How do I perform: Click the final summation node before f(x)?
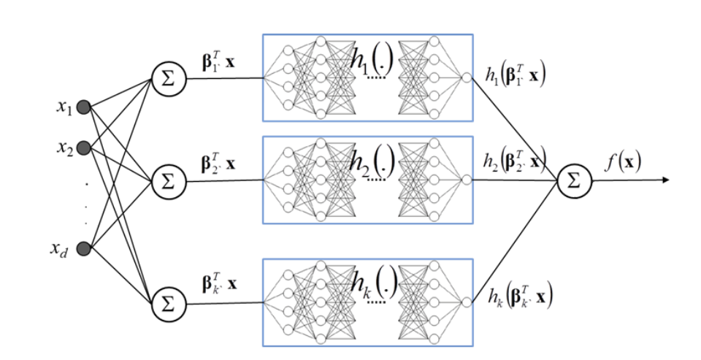pos(575,180)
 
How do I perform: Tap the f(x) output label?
pos(622,161)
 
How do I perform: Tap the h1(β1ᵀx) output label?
pos(513,76)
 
